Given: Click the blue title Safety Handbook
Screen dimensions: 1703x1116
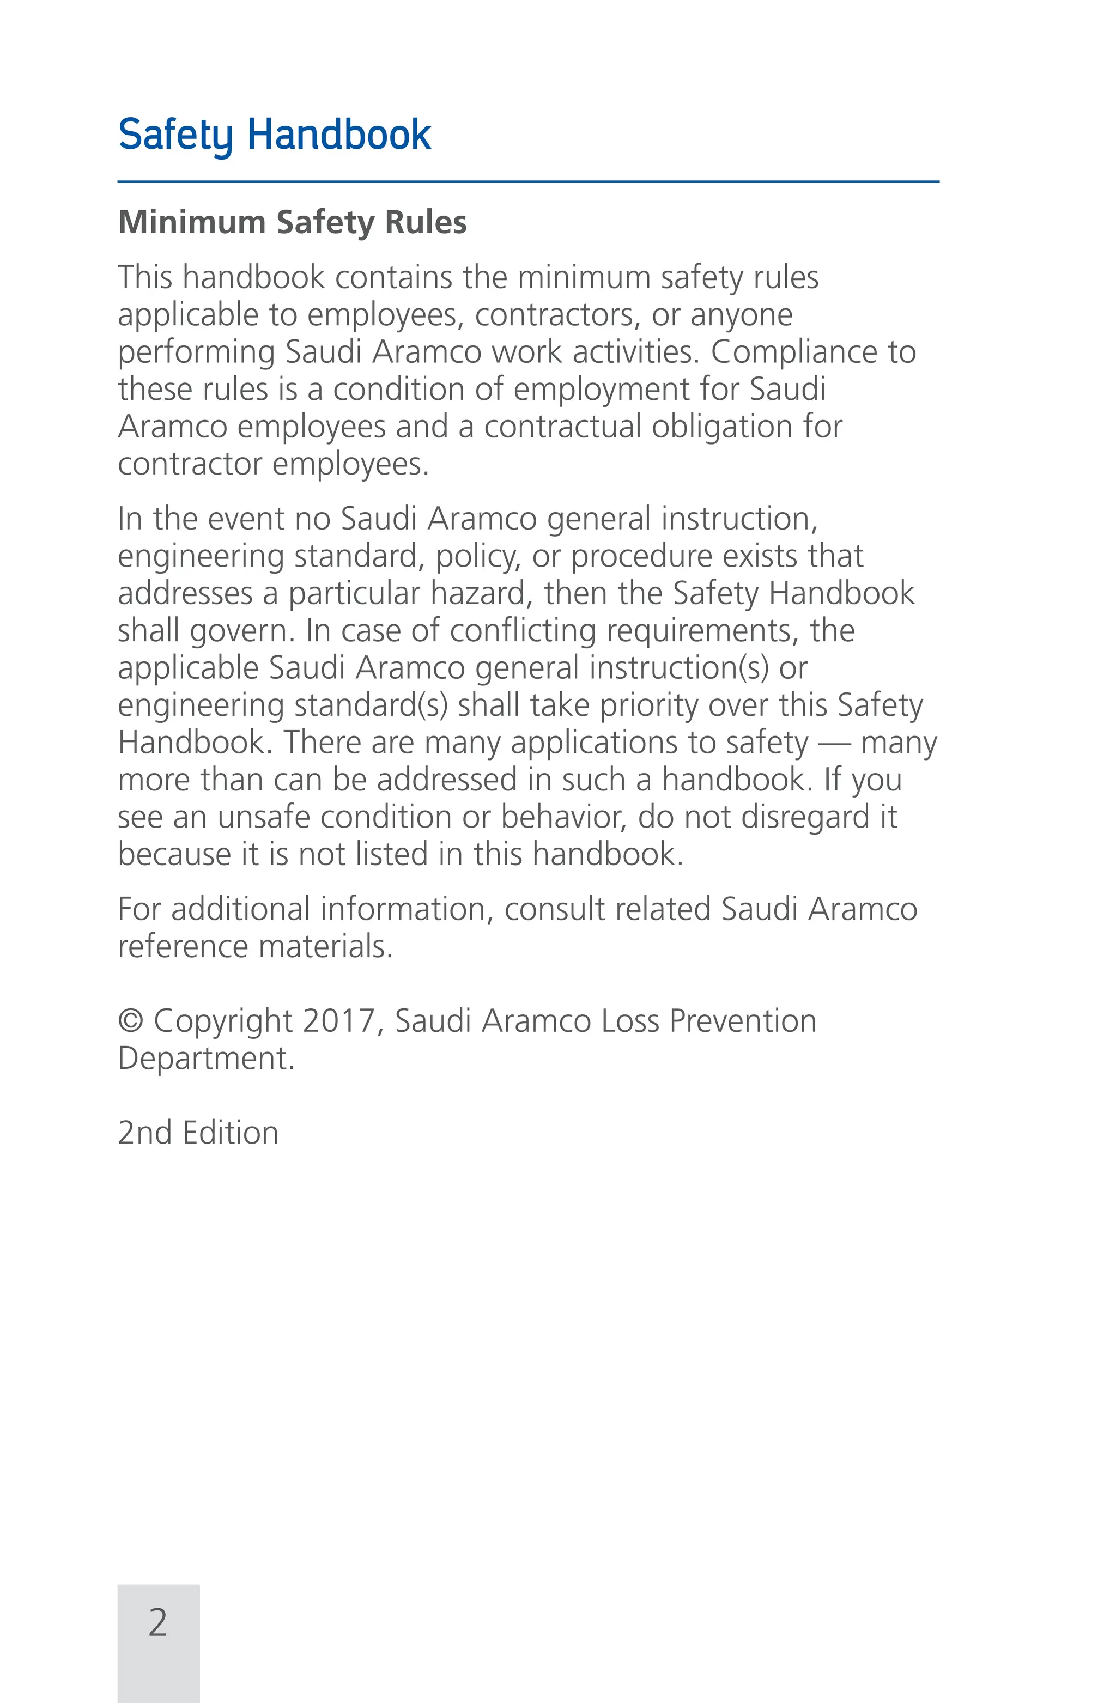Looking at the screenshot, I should click(x=274, y=135).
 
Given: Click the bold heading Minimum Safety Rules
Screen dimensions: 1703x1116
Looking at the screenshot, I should click(x=292, y=222).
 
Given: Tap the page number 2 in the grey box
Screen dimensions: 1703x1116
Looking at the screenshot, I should click(x=157, y=1622).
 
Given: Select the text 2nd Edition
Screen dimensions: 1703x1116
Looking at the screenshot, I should click(x=198, y=1133).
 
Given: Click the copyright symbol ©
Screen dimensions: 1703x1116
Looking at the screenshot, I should click(x=130, y=1021).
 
